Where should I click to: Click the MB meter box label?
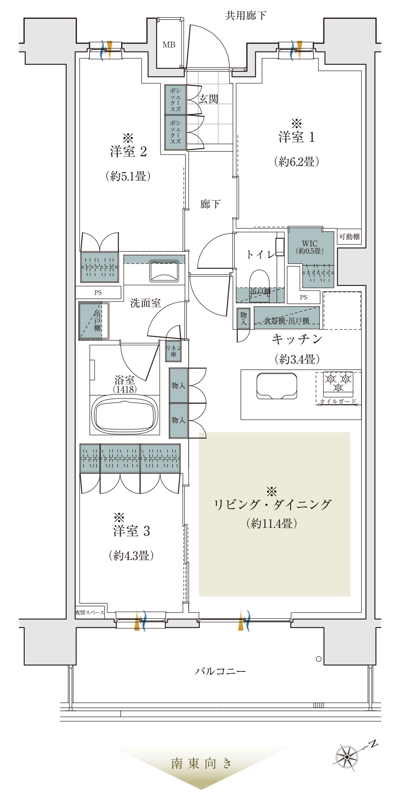[x=169, y=45]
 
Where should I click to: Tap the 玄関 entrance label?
[x=208, y=99]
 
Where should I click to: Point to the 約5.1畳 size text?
[x=128, y=176]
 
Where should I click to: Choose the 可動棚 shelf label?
[x=349, y=237]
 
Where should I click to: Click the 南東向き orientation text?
[x=201, y=763]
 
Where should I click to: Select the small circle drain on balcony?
[x=319, y=659]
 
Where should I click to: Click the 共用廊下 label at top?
[x=246, y=15]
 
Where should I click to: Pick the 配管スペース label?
[x=90, y=612]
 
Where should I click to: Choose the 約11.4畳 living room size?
[x=272, y=523]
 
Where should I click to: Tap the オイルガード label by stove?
[x=338, y=401]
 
